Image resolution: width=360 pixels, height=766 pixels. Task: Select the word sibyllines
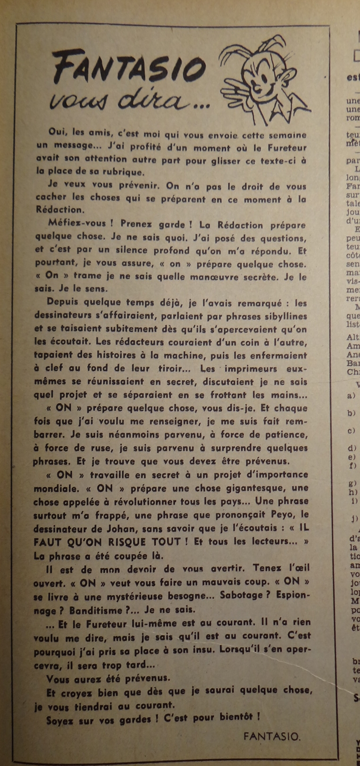284,316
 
